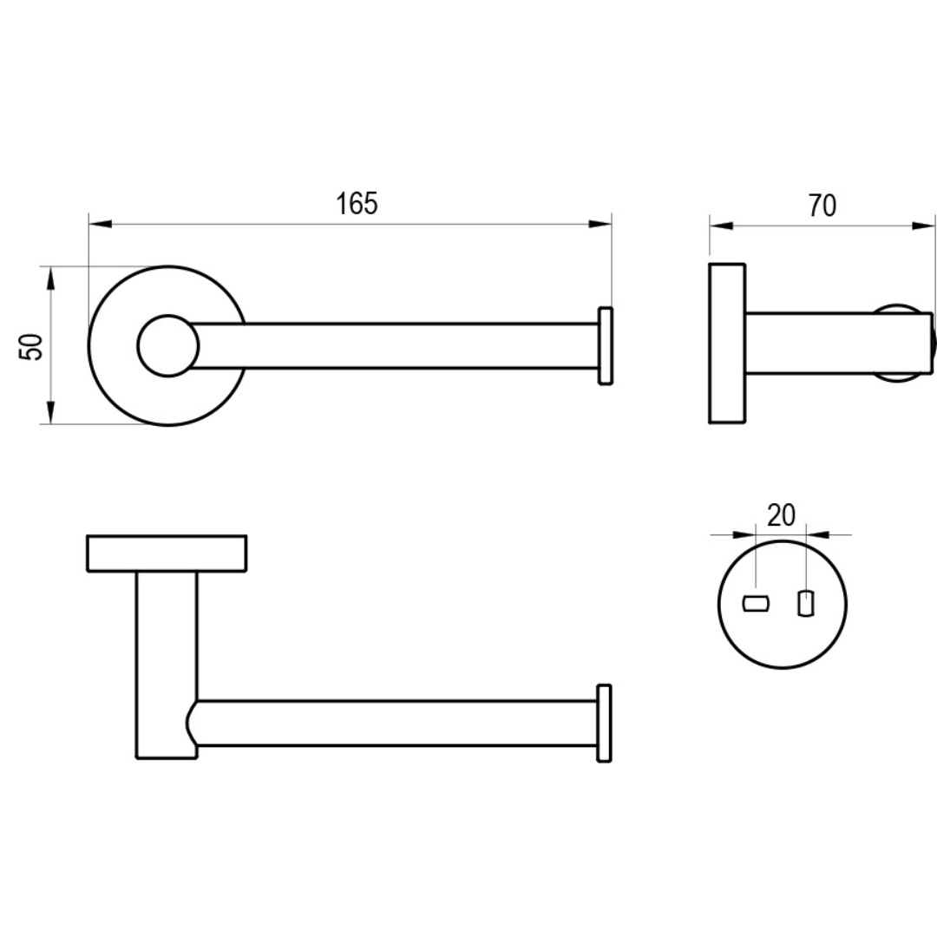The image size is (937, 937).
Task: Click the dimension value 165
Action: click(x=357, y=204)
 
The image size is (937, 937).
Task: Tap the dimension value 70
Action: click(x=822, y=206)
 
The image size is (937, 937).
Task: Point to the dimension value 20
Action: click(x=781, y=515)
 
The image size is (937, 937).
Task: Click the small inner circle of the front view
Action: click(x=167, y=345)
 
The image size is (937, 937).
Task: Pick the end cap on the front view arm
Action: click(x=606, y=345)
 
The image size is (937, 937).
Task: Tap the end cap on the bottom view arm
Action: click(x=605, y=723)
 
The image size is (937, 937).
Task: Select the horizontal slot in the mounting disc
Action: click(x=757, y=603)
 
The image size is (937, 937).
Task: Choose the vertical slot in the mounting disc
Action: click(x=806, y=603)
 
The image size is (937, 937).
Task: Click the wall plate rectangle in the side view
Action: click(x=727, y=344)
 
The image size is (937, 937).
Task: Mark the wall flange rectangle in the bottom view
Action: click(x=167, y=554)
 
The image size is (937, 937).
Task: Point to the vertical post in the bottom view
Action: click(x=165, y=664)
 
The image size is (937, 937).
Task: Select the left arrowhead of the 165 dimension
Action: click(x=101, y=225)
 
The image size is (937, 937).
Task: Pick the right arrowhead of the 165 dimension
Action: click(x=600, y=225)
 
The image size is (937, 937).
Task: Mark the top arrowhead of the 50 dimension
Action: click(x=50, y=278)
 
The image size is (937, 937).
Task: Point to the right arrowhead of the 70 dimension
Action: click(x=923, y=226)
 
